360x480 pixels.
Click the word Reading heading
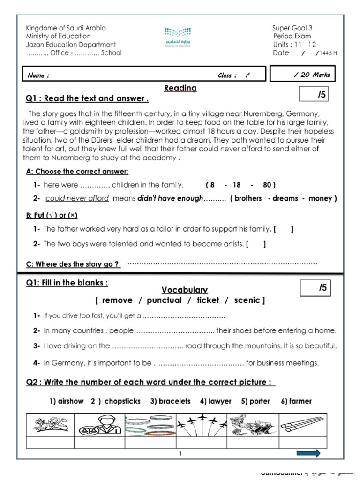click(180, 88)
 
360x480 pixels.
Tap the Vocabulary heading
click(185, 290)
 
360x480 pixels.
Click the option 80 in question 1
click(268, 185)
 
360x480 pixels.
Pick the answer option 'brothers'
click(248, 198)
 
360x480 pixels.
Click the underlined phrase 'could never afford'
click(77, 198)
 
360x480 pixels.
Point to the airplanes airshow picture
click(202, 425)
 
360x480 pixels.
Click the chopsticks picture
click(302, 425)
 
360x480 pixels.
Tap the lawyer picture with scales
click(99, 425)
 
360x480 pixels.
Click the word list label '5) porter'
click(255, 401)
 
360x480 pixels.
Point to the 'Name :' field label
click(38, 75)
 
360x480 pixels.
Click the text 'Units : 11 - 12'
click(295, 45)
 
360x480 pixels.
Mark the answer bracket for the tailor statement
click(284, 229)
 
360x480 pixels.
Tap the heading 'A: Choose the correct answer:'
click(77, 172)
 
